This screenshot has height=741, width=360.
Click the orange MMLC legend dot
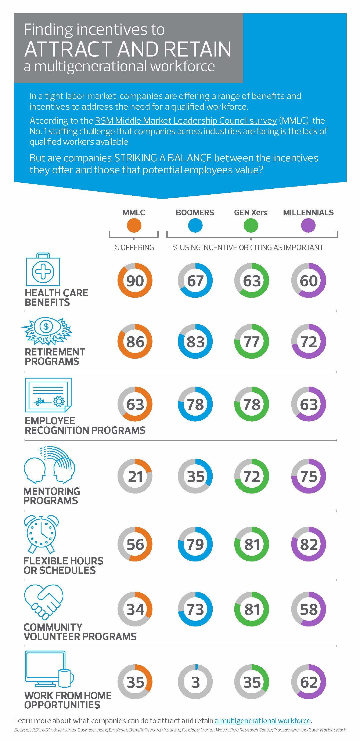point(134,225)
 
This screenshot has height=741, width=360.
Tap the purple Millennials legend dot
point(308,225)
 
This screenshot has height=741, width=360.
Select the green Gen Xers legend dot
point(251,225)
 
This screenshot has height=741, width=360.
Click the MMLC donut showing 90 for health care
point(135,281)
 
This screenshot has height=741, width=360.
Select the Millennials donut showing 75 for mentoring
point(309,476)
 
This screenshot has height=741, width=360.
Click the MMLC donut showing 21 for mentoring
point(135,476)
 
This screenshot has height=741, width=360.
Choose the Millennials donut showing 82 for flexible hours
point(309,544)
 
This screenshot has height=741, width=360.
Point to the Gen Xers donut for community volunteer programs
point(252,609)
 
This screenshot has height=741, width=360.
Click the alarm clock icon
point(41,534)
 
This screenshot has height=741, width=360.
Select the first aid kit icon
point(43,270)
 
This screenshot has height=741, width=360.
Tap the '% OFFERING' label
point(134,247)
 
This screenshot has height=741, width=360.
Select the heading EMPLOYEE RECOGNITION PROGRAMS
point(85,426)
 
